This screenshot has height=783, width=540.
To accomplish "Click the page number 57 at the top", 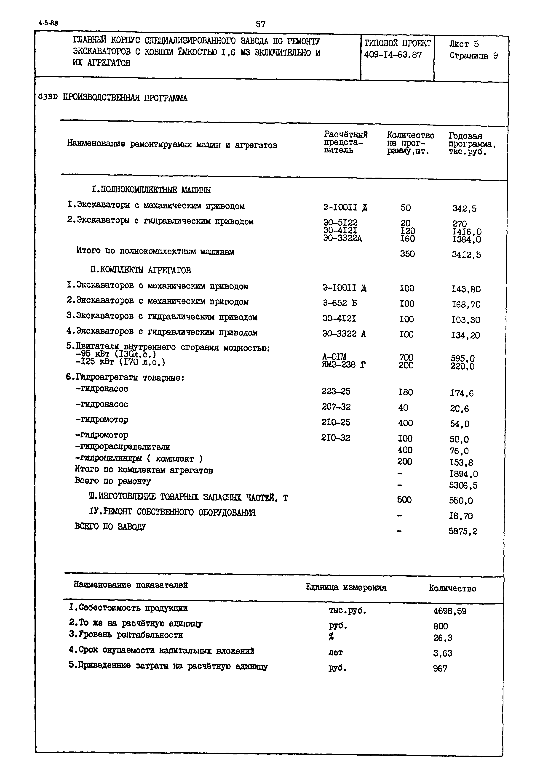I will click(x=261, y=24).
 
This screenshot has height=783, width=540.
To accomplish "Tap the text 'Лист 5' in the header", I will click(x=464, y=44).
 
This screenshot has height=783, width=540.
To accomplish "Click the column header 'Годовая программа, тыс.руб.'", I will click(x=472, y=144).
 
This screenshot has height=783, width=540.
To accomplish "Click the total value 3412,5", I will click(x=466, y=254).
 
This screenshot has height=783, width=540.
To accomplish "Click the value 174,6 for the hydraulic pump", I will click(x=462, y=393).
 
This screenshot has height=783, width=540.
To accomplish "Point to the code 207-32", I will click(x=336, y=407).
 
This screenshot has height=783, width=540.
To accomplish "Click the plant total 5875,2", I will click(x=463, y=531).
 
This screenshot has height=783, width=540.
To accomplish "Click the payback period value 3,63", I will click(x=443, y=653).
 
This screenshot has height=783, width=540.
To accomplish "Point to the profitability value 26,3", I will click(x=443, y=638).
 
